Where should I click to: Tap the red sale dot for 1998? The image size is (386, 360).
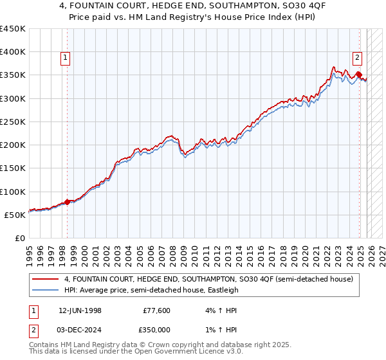(x=67, y=202)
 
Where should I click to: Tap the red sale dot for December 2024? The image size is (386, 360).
(x=358, y=75)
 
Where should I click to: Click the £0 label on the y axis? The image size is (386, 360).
(x=19, y=238)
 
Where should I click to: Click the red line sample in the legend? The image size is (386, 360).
(x=46, y=280)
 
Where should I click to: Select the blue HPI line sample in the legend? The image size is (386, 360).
(x=46, y=290)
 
